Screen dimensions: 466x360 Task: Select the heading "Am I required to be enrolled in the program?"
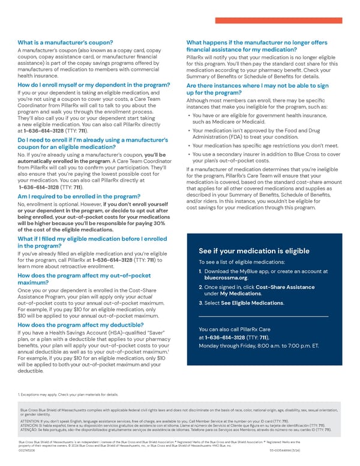(80, 196)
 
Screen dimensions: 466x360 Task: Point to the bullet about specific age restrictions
(265, 145)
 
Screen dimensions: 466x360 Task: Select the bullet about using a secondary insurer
(265, 157)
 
